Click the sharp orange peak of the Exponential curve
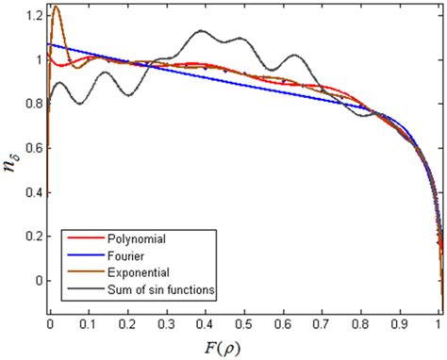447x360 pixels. pos(56,8)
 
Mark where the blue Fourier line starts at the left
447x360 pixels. pos(49,43)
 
